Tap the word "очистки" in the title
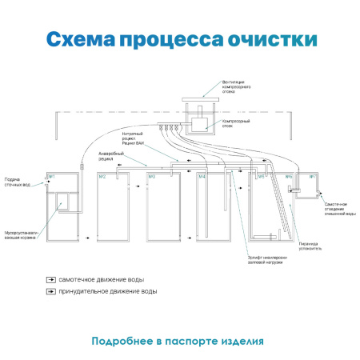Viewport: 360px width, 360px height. [272, 40]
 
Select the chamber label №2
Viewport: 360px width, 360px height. [102, 176]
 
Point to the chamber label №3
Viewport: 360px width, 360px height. [151, 176]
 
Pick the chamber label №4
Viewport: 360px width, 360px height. [202, 176]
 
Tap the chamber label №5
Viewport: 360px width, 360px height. [261, 176]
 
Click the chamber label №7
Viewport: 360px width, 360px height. [313, 176]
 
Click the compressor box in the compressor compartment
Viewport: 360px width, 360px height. [197, 123]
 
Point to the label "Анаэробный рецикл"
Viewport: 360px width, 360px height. [111, 154]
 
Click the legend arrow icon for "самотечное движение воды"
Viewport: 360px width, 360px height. [50, 281]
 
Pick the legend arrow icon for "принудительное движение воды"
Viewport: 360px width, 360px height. [50, 291]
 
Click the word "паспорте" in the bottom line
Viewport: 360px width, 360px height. [191, 341]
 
